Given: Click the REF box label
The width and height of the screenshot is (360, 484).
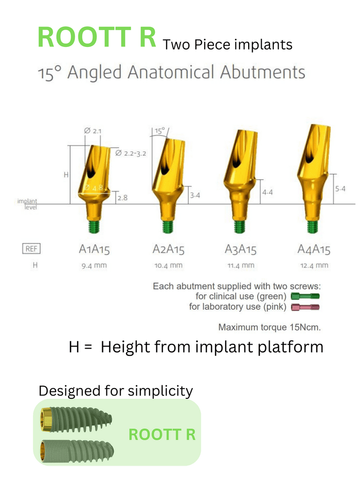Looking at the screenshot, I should (31, 249).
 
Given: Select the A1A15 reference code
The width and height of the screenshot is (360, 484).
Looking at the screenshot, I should (94, 250).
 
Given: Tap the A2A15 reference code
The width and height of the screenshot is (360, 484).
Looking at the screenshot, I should (168, 250).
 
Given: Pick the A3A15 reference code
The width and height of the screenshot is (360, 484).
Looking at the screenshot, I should (240, 250).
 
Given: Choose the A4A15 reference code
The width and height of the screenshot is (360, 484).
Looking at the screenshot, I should (314, 250).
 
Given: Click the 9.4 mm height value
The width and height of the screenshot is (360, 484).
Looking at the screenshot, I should (94, 265).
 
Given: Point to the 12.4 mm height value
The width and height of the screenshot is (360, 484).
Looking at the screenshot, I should (314, 265).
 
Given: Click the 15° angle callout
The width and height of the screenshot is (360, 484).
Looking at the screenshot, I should (159, 131).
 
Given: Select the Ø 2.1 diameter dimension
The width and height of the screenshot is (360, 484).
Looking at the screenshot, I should (92, 131).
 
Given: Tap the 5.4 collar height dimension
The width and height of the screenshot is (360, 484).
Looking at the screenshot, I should (340, 189).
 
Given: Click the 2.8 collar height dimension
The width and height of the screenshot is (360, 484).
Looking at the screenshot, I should (122, 197).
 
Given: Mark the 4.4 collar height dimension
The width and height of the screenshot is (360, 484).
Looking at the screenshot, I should (267, 193).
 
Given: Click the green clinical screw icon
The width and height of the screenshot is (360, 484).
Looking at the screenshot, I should (305, 296).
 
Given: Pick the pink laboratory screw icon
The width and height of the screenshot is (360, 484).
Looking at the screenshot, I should (305, 307).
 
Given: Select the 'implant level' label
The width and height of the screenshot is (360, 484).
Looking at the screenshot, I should (27, 204).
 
